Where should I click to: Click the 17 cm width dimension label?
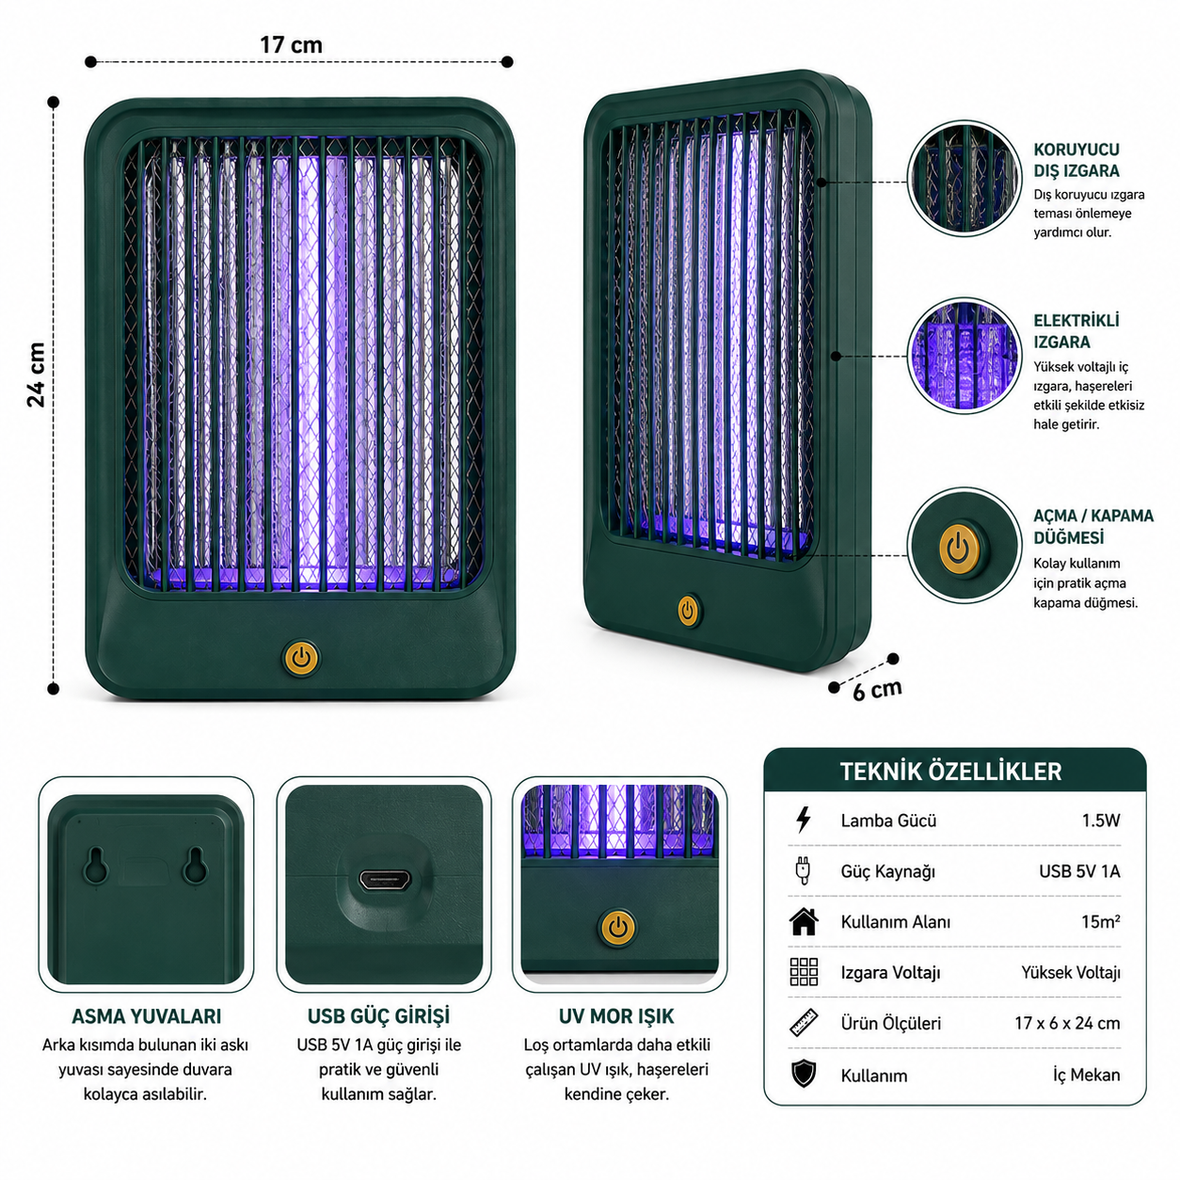[x=291, y=45]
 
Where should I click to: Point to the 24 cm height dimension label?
[x=37, y=375]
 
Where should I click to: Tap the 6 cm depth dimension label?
[x=877, y=690]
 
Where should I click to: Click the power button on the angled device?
[x=688, y=610]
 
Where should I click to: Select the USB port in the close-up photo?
[x=385, y=881]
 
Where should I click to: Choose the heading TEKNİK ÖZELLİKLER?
[x=950, y=772]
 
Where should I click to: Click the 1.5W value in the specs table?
[x=1100, y=820]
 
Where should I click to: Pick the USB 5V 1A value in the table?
[x=1079, y=870]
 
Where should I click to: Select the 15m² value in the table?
[x=1100, y=921]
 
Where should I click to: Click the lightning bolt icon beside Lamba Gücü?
[x=804, y=820]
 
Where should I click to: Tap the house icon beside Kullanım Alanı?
[x=804, y=921]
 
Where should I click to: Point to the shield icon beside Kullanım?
[x=804, y=1074]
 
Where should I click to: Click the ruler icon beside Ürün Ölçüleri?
[x=804, y=1023]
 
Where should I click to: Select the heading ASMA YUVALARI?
[x=147, y=1016]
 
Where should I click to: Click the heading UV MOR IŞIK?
[x=616, y=1016]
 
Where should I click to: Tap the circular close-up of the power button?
[x=964, y=545]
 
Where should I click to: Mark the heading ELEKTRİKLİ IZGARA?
[x=1076, y=330]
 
